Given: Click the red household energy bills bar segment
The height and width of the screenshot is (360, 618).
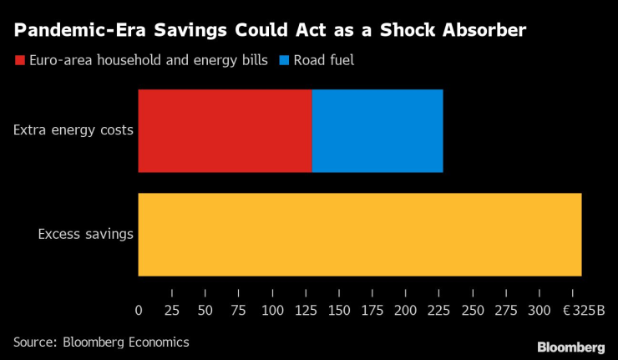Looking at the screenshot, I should [x=225, y=130].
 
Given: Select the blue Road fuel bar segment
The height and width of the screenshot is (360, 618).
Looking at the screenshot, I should [x=377, y=130].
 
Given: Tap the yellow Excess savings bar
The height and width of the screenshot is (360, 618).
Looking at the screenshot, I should [x=359, y=234].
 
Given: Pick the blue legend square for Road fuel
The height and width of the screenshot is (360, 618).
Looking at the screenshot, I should [x=284, y=61].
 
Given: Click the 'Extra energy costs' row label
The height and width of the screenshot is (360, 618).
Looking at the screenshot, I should [x=73, y=130].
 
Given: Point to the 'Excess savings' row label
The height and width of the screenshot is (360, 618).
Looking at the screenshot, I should [x=86, y=234].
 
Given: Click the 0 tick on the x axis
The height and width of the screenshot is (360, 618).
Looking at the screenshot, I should [x=139, y=311].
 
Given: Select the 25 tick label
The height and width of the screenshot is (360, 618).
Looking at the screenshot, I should [x=172, y=311].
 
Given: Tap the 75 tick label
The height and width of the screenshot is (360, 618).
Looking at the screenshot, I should [x=239, y=311].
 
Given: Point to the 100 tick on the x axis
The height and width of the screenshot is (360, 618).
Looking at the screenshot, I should [x=272, y=311].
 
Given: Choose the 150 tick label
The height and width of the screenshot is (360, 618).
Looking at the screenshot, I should [x=339, y=311].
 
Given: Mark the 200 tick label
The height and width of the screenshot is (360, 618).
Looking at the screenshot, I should [x=406, y=311].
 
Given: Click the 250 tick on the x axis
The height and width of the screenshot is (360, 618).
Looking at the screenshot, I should [x=473, y=311].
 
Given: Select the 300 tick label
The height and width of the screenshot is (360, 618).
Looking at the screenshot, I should [x=539, y=311].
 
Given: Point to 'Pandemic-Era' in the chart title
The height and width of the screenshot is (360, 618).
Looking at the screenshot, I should [x=71, y=32].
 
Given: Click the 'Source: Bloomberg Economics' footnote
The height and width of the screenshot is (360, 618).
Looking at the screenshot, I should [x=101, y=342].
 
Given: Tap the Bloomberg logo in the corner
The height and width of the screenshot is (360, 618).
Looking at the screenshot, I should [x=570, y=347].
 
